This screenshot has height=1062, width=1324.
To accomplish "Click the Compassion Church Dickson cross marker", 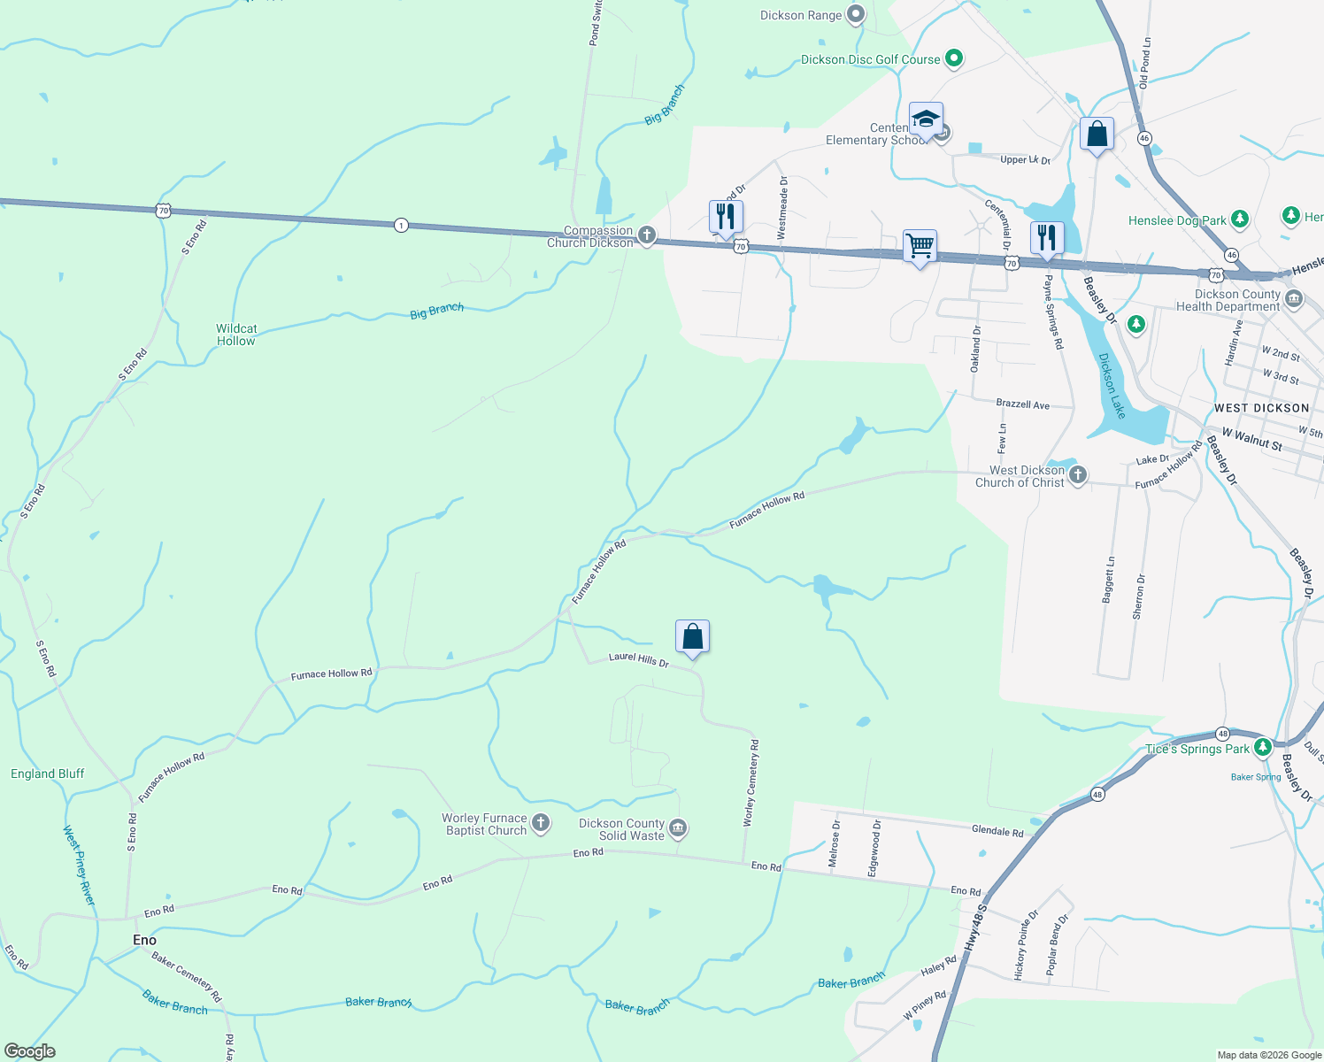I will coord(647,235).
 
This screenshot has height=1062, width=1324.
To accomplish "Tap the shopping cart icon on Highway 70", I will coord(920,245).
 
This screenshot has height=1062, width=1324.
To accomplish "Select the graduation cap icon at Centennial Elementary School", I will coord(926,119).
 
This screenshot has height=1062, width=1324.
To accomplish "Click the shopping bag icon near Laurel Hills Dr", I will coord(692,636).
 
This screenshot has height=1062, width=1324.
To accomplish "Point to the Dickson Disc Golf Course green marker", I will coord(953,59).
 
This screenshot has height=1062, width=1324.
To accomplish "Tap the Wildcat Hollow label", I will coord(236,335).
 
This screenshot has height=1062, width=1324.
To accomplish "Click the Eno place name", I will coord(144,940).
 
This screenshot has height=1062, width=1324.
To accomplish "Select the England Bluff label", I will coord(48,773).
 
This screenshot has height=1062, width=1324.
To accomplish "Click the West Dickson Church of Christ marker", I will coord(1077,475).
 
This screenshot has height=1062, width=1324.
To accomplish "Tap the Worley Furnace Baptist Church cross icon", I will coord(540,823).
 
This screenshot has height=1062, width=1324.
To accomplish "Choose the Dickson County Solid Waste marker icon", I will coord(678,828).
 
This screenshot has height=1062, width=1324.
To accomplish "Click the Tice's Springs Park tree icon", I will coord(1262,748).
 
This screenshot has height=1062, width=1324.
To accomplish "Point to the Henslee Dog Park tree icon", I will coord(1239,219).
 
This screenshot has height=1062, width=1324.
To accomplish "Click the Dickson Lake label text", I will coord(1112,386).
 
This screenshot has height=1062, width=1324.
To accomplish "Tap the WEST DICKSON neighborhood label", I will coord(1261,408).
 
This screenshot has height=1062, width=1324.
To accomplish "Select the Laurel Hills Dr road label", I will coord(638,659).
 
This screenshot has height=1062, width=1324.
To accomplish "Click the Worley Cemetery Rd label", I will coord(750,783).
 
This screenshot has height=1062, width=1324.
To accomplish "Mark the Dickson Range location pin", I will coord(855,14).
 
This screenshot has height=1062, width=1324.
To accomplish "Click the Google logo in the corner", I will coord(29,1050).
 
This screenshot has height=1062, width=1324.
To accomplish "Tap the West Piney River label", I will coord(79,865).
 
